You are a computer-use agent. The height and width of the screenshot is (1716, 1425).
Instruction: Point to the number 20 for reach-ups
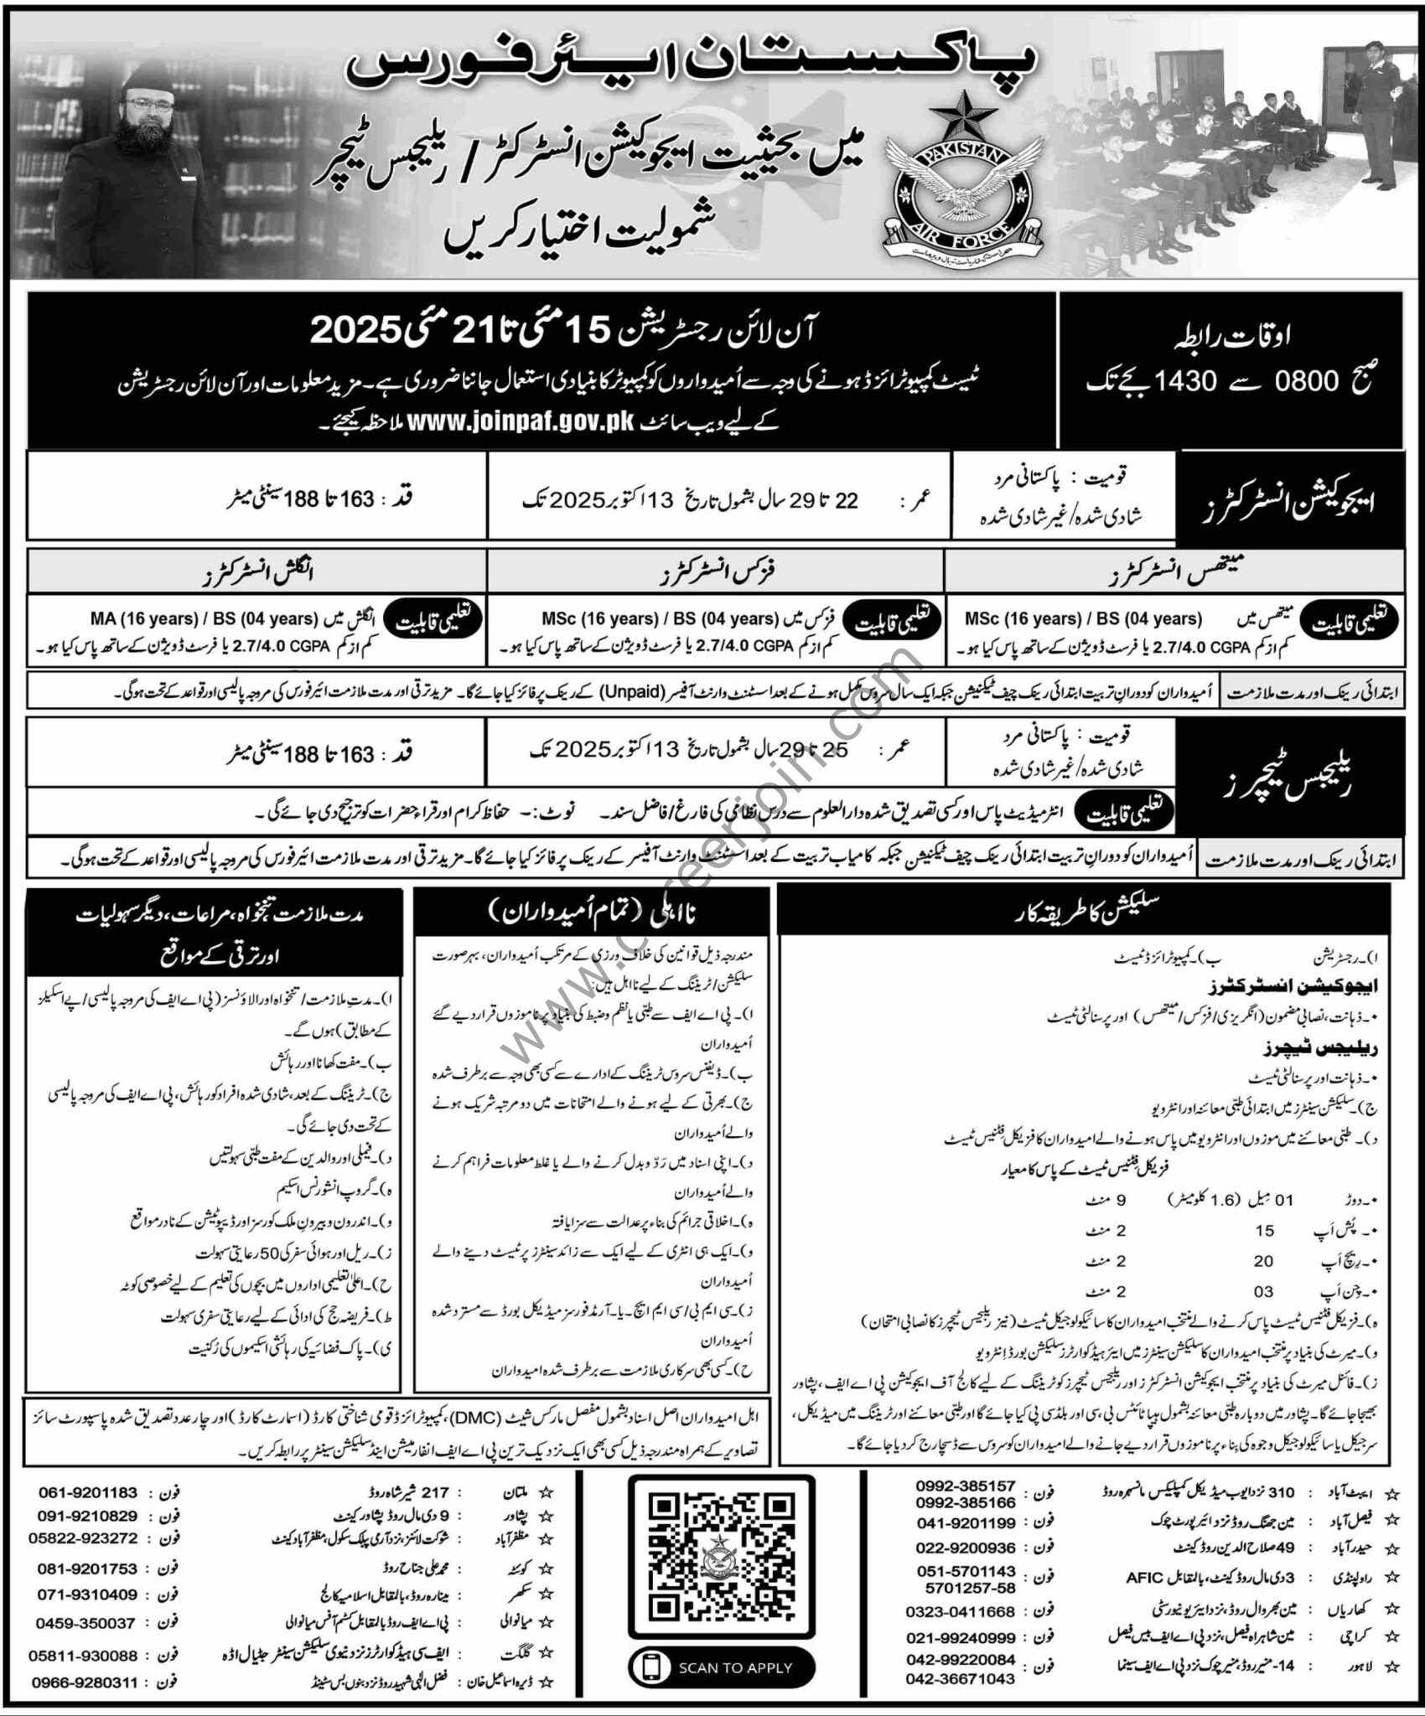[x=1263, y=1260]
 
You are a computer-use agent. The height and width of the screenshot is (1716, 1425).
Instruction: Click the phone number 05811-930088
[x=84, y=1655]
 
